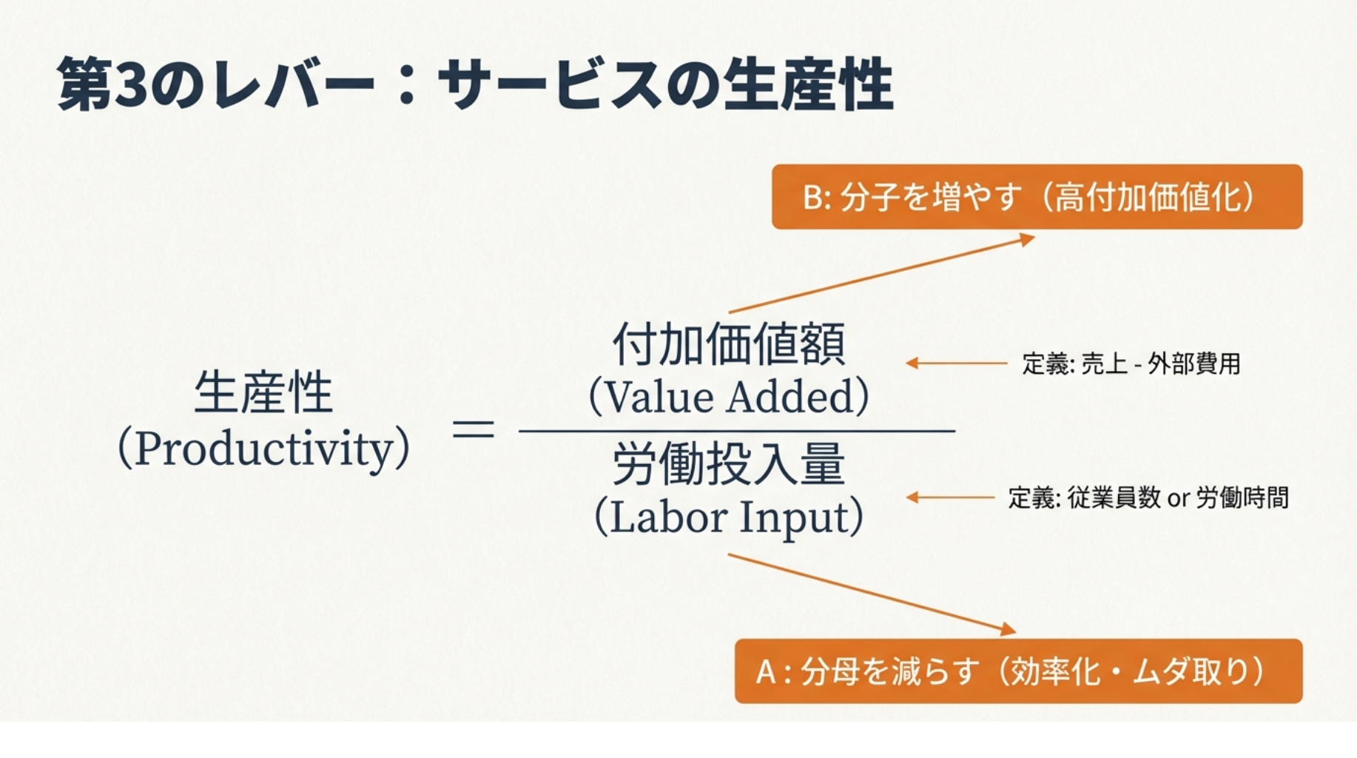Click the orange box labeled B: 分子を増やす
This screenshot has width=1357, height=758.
[1037, 197]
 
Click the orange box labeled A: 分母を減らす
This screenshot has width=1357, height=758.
[1018, 671]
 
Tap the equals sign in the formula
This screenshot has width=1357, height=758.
[473, 429]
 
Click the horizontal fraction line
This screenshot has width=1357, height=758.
[736, 430]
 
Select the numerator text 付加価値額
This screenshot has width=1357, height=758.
[729, 345]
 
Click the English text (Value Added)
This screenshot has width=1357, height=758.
[729, 396]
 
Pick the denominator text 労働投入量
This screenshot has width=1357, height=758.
[729, 464]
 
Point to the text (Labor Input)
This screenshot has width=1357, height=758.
[729, 517]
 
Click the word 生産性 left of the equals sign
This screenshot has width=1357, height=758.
[263, 392]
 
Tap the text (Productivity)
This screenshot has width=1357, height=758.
[263, 449]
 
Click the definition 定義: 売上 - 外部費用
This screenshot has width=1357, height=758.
[1131, 363]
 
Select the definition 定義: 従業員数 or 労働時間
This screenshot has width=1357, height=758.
[1148, 497]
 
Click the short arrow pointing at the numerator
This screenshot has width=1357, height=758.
[956, 363]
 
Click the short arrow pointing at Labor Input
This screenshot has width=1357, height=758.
[950, 497]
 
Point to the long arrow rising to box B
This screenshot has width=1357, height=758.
[880, 275]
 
